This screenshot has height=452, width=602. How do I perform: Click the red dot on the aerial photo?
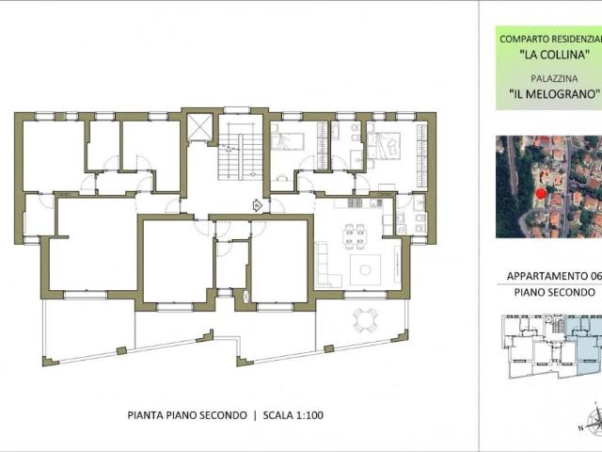(541, 194)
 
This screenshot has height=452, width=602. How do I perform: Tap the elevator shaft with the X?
(198, 127)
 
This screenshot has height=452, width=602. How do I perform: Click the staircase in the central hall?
(241, 152)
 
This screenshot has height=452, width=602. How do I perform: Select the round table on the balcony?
(365, 320)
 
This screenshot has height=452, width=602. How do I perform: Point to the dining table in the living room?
(355, 236)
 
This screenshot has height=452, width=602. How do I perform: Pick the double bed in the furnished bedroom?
(384, 144)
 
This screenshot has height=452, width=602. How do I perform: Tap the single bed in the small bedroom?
(288, 141)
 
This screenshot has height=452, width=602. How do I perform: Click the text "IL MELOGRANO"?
(554, 94)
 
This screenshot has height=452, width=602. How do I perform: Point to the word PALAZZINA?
(554, 78)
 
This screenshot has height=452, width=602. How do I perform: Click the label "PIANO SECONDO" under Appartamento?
(554, 292)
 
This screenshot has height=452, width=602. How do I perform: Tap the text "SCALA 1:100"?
(293, 415)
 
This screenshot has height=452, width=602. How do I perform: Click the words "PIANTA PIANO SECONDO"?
(187, 415)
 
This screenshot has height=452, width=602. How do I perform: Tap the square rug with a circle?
(365, 269)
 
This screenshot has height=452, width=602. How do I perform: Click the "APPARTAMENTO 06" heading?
(553, 276)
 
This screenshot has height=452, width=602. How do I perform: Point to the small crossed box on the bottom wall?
(246, 297)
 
